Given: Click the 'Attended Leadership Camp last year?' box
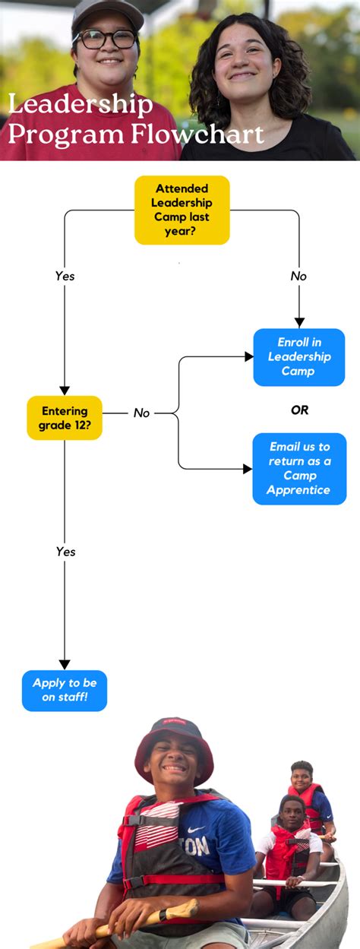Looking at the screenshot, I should tap(182, 210).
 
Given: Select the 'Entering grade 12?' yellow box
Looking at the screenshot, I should tap(65, 417).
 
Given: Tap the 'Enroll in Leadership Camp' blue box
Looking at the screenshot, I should tap(298, 357).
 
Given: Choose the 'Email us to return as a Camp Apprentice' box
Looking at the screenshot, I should tap(299, 469).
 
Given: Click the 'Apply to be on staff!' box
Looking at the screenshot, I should tap(65, 690).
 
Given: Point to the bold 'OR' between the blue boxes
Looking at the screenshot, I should tap(299, 410).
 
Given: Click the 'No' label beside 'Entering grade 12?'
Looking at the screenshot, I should tap(142, 413).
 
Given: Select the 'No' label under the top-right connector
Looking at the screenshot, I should tap(298, 277).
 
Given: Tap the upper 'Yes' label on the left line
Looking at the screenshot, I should tap(65, 277).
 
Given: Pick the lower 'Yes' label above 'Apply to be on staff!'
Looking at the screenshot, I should tap(65, 552).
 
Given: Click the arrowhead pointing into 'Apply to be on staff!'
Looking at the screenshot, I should tap(65, 663).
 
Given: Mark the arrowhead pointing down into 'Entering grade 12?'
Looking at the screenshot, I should tap(65, 390).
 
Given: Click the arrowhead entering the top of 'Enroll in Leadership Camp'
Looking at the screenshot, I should tap(299, 322).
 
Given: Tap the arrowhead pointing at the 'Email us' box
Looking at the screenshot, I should tap(247, 469).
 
